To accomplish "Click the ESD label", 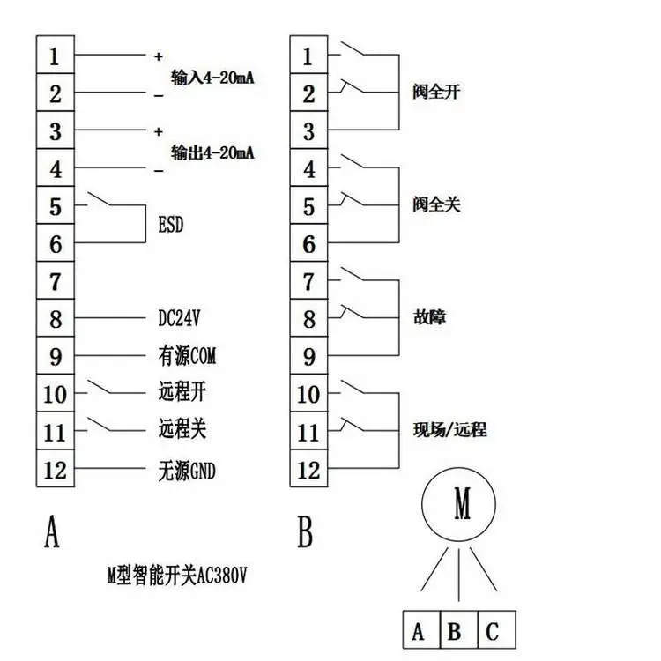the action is click(171, 224).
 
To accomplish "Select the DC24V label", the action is click(179, 318).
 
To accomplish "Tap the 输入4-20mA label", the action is click(212, 78).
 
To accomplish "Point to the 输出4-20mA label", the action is click(212, 152).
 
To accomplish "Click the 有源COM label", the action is click(187, 356).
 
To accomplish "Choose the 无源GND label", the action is click(187, 471).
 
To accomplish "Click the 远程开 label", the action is click(182, 392).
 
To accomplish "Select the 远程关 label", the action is click(182, 429).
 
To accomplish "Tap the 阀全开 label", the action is click(436, 92).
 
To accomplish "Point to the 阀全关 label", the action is click(436, 204).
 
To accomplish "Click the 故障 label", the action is click(429, 317).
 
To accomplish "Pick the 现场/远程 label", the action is click(449, 429).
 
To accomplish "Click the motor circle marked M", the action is click(458, 504).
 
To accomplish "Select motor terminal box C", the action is click(496, 629).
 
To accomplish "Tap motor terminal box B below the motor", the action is click(458, 629).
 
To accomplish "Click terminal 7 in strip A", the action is click(56, 281).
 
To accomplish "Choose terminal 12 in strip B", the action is click(308, 468).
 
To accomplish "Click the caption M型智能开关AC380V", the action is click(177, 575).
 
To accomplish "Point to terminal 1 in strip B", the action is click(308, 55).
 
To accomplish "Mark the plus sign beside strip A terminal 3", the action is click(159, 131).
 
